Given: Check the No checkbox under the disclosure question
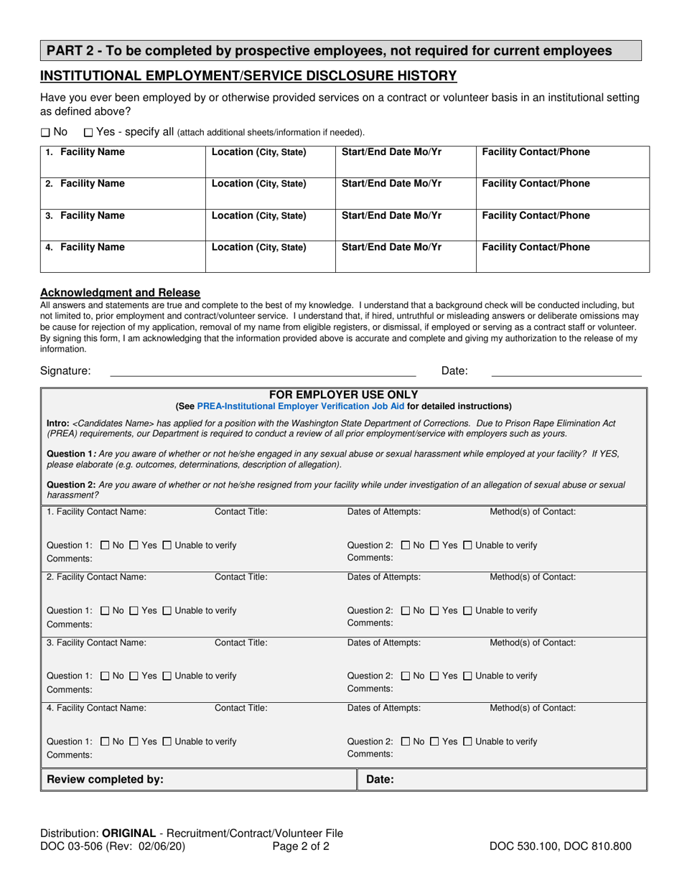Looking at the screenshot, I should pos(45,132).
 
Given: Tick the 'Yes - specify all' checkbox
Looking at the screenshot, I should pos(88,132).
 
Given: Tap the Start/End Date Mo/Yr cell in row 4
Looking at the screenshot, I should pos(406,256).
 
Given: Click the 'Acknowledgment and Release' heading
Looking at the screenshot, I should pos(120,292).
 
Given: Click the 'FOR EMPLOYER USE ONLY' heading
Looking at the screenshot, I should pos(343,395).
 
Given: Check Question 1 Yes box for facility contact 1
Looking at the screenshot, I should pos(134,546).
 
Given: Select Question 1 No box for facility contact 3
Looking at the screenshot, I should pos(106,676).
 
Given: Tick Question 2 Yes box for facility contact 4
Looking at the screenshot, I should pos(434,741).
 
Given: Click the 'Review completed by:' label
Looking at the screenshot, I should pos(105,779).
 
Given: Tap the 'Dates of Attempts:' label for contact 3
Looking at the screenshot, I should pos(384,643).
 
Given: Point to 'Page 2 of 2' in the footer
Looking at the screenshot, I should pos(301,846).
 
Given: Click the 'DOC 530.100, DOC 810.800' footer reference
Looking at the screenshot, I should pos(560,846).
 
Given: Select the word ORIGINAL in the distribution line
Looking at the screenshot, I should pos(129,833).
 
